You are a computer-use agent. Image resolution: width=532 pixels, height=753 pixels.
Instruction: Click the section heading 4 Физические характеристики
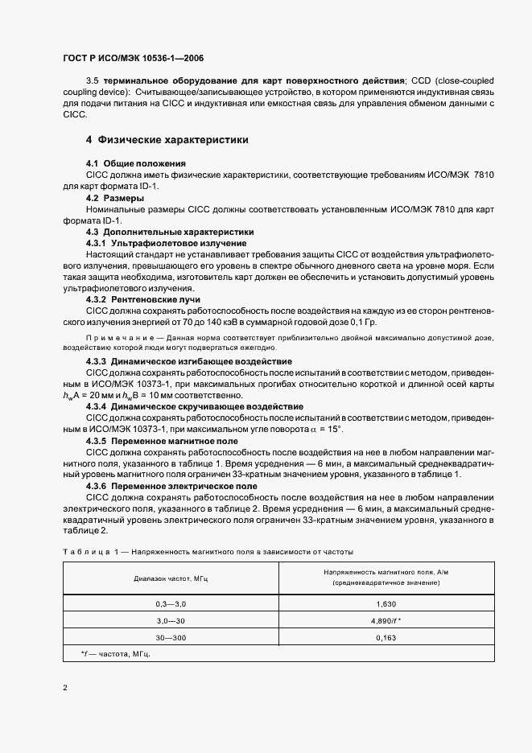tap(167, 140)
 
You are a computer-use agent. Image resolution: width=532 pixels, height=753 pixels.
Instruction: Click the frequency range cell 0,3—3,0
tap(171, 603)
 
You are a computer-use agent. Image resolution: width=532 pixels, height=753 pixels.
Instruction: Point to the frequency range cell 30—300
tap(171, 637)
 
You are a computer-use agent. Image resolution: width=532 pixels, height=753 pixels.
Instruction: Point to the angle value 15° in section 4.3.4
tap(334, 430)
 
